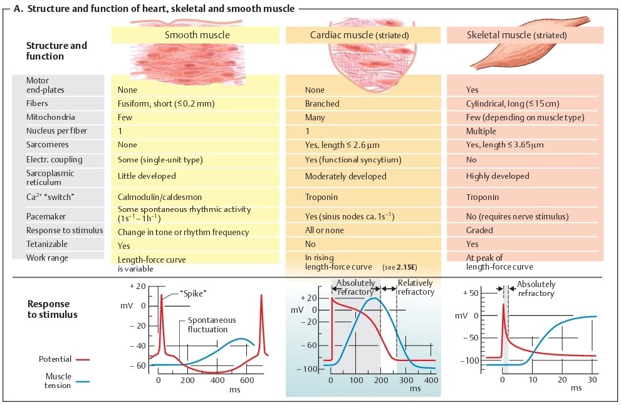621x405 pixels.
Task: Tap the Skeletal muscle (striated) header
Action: [x=524, y=36]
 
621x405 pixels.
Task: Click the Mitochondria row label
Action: [x=51, y=117]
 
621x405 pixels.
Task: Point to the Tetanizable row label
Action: [x=47, y=244]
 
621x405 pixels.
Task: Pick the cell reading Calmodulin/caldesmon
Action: [x=152, y=197]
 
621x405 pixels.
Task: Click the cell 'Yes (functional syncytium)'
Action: [x=353, y=160]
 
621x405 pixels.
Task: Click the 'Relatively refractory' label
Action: [x=415, y=288]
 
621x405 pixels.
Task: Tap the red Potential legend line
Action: [x=83, y=359]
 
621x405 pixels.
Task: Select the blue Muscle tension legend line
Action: [x=83, y=381]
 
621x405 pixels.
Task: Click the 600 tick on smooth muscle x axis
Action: [x=246, y=380]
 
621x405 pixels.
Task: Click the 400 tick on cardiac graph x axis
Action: [x=431, y=380]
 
